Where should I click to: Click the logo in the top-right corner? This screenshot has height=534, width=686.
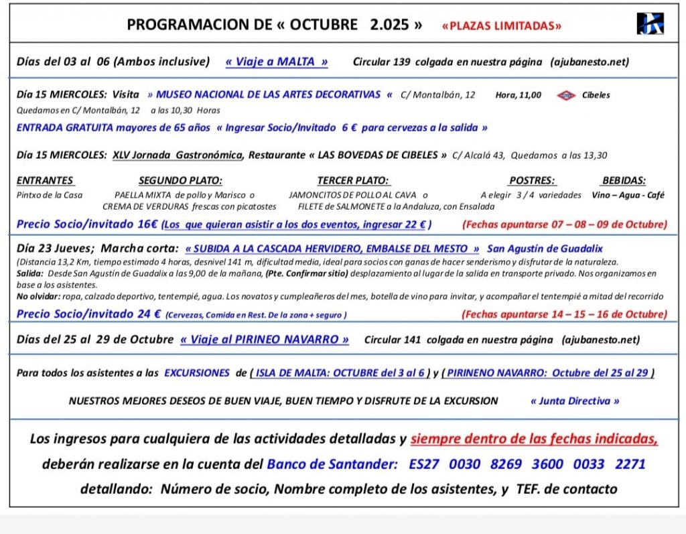650,24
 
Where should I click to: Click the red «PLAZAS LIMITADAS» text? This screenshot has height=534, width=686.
502,26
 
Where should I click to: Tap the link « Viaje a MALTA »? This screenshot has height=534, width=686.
277,62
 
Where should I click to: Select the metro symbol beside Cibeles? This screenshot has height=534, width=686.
566,95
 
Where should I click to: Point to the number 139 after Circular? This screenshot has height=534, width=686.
402,62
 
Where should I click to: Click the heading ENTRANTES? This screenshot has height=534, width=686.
45,180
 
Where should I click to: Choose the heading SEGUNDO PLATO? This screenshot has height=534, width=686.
180,180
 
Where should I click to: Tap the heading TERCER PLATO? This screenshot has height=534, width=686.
353,180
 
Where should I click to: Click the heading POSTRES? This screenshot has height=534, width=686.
532,180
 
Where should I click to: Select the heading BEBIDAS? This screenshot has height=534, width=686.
624,180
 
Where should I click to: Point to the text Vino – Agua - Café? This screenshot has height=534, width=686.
628,195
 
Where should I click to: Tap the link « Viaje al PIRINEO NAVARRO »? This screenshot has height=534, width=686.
265,339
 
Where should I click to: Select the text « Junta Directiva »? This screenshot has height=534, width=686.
575,401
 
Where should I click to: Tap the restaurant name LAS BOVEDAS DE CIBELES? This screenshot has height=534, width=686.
378,155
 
